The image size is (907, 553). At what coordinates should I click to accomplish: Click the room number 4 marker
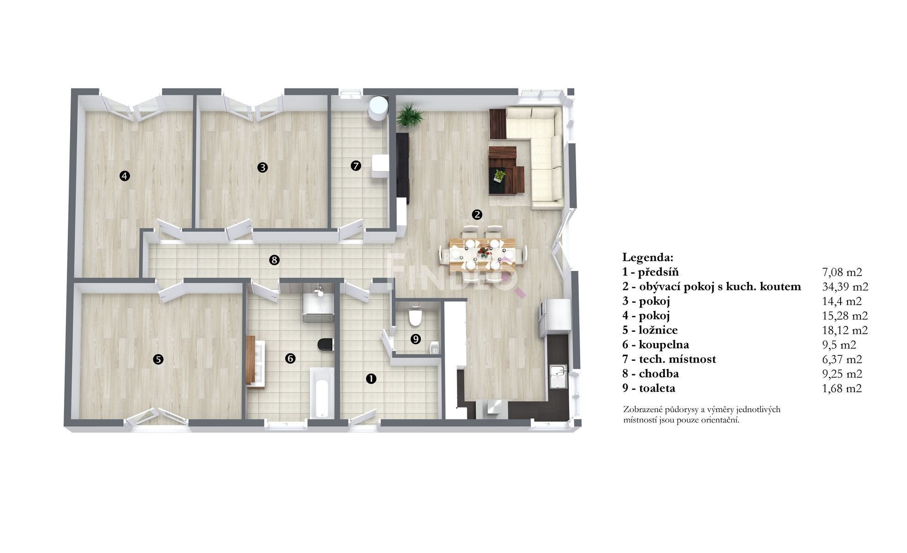pos(124,176)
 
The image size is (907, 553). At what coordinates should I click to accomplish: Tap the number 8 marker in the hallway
pos(274,260)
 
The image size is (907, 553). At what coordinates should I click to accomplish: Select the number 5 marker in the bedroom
pos(158,359)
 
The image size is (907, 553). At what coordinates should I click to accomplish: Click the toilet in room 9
pos(415,317)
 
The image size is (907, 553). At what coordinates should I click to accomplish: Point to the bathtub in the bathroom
pos(321,393)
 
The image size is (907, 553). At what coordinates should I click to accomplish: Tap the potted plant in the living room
pos(409,116)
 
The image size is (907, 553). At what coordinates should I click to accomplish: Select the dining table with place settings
pos(482,252)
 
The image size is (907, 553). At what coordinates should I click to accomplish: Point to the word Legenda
pos(648,257)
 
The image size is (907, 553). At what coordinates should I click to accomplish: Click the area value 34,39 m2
pos(845,287)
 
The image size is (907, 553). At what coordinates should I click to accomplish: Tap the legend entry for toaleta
pos(649,388)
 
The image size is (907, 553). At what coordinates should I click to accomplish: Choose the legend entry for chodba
pos(650,373)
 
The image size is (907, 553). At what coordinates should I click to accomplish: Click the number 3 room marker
pos(262,167)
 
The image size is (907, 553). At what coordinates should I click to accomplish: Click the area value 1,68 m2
pos(842,388)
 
